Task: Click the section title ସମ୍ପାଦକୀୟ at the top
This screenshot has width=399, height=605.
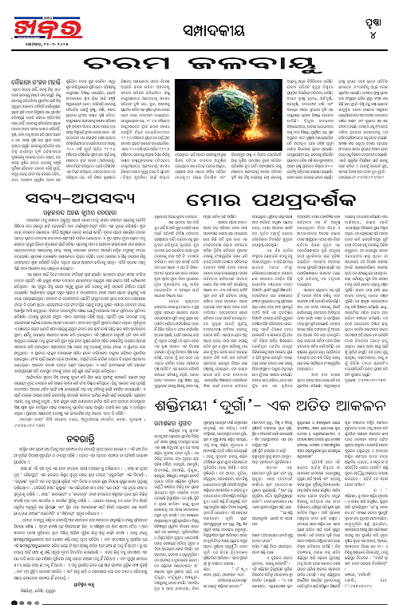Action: (x=199, y=24)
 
